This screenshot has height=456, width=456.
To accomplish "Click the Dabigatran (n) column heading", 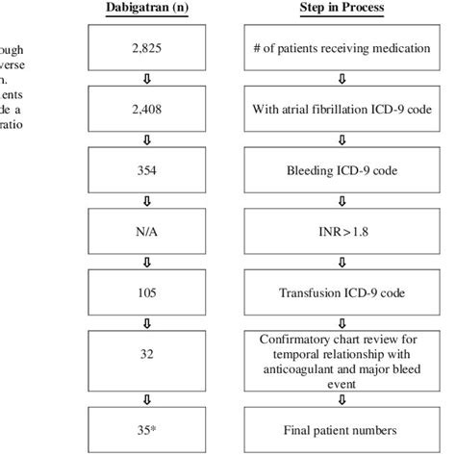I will pos(147,9).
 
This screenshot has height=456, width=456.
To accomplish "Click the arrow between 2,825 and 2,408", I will pos(147,80).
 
